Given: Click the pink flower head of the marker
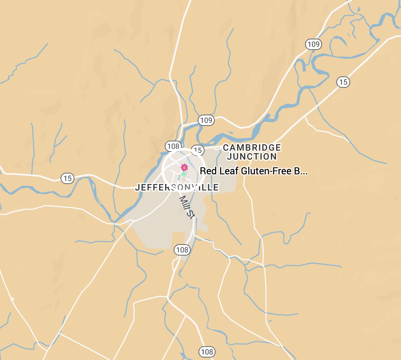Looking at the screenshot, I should coord(184,167).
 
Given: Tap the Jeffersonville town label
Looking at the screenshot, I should coord(177,187).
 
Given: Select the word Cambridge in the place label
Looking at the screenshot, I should coord(252,147).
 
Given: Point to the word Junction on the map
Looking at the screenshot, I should coord(252,156).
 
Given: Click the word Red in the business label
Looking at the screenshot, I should coord(207,171).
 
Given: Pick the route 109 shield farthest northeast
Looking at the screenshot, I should coord(314,44).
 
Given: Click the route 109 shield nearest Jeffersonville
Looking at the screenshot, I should coord(206,120).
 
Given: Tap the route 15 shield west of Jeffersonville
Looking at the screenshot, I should coord(67,178).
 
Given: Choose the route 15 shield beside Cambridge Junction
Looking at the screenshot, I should coord(198,150).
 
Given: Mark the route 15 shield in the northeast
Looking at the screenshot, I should coord(343,82).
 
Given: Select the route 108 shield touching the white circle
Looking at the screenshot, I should coord(173,146).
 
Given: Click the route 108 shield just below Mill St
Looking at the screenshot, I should coord(182,249).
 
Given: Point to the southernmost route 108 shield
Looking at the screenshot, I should coord(207,351).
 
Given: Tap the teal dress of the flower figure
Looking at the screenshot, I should coord(184,174).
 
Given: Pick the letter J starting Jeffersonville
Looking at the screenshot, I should coord(137,187).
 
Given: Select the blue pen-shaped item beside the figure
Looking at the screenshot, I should coord(179,177).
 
